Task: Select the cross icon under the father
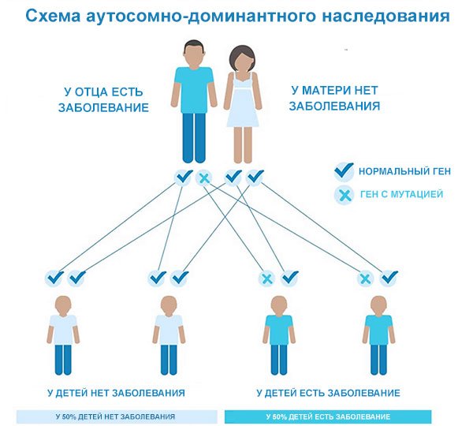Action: point(203,178)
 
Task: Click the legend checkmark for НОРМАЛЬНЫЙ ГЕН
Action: point(344,170)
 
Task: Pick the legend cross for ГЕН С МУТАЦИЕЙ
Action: point(344,194)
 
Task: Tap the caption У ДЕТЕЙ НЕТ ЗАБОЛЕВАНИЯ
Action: point(115,392)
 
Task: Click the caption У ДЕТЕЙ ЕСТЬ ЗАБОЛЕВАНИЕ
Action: point(328,392)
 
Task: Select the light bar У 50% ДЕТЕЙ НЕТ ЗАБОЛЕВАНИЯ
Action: point(115,416)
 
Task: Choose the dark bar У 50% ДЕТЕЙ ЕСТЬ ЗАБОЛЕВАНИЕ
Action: point(328,416)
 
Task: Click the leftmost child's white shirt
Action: point(63,327)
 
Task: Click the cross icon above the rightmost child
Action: point(365,278)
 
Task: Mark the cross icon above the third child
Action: point(267,278)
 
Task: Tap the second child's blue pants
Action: point(169,359)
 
